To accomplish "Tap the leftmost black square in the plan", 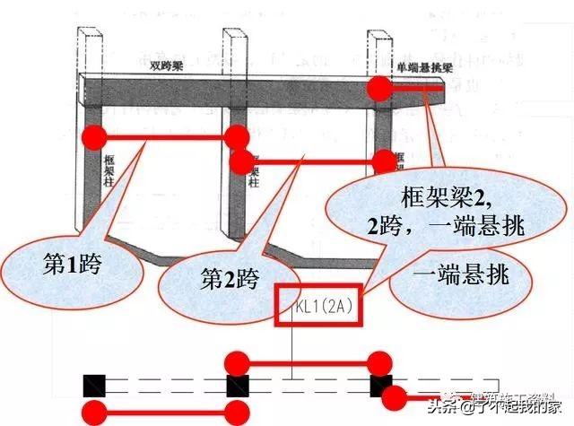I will pyautogui.click(x=94, y=386).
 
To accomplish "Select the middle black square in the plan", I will pyautogui.click(x=238, y=386).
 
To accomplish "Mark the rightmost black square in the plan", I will pyautogui.click(x=380, y=386).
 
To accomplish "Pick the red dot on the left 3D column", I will pyautogui.click(x=94, y=138).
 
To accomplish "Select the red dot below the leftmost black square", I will pyautogui.click(x=94, y=413).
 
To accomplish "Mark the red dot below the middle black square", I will pyautogui.click(x=238, y=413).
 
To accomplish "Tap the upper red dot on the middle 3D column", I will pyautogui.click(x=238, y=137).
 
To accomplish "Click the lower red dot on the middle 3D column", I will pyautogui.click(x=240, y=162).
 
